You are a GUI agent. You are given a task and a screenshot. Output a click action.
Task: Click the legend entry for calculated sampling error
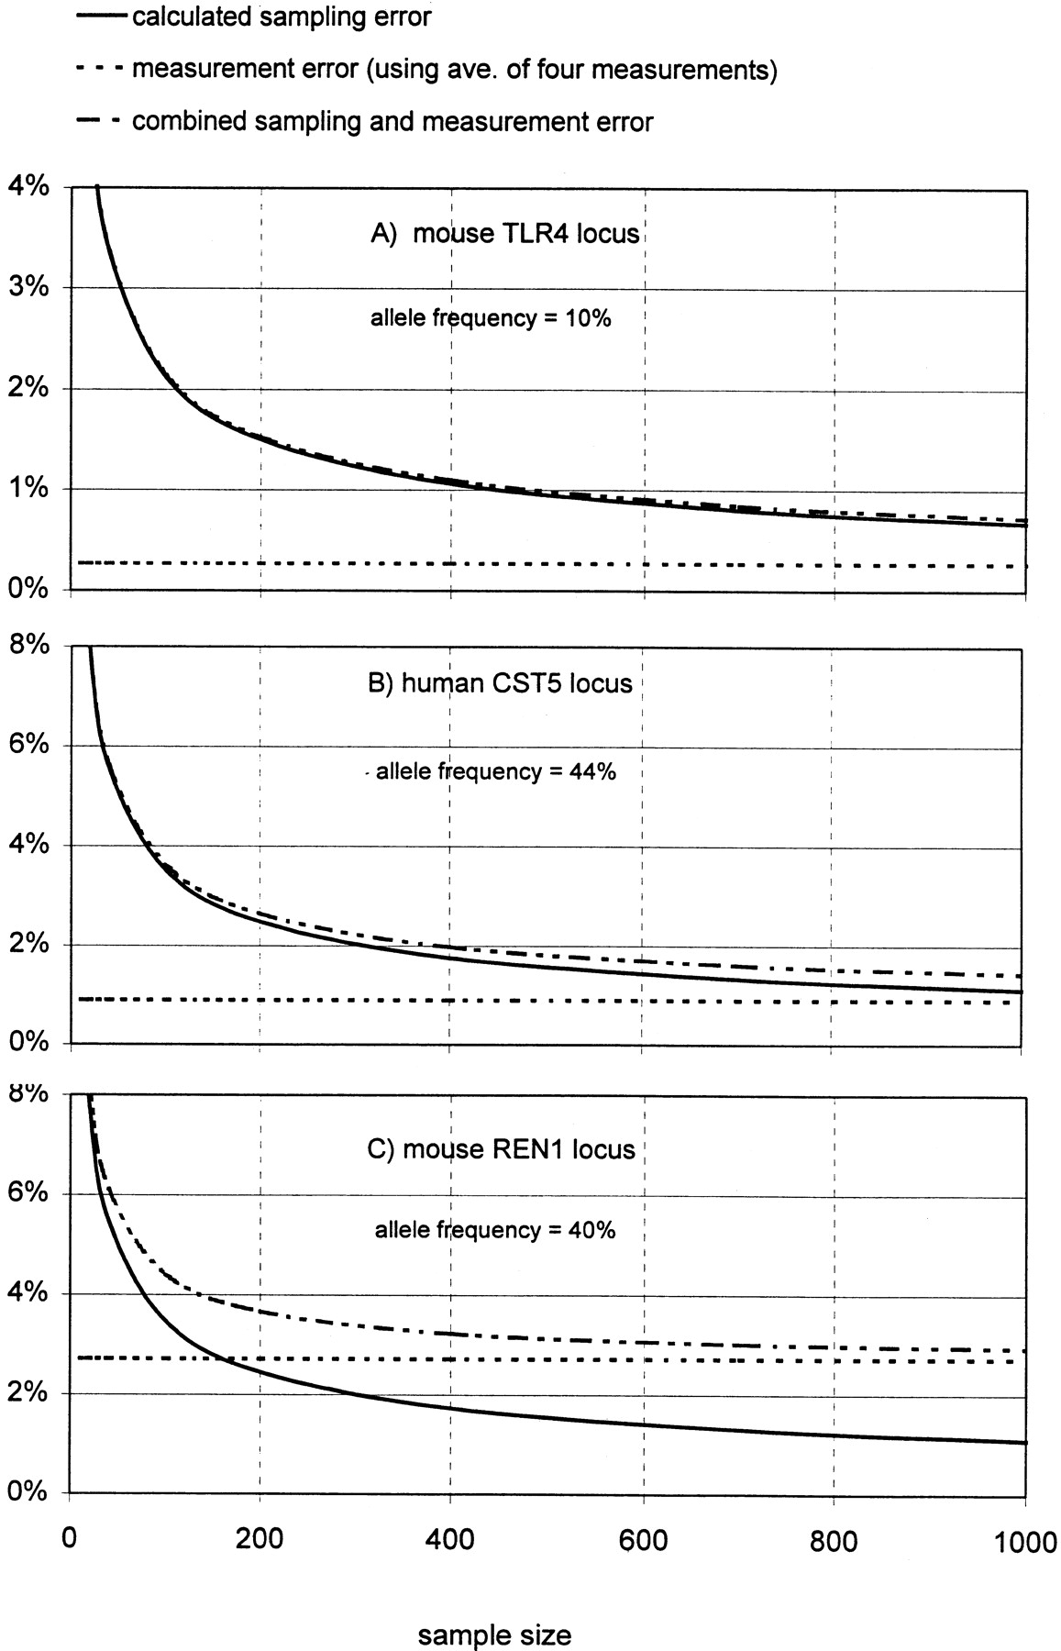coord(282,17)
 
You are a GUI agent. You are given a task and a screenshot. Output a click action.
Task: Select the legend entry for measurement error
coord(454,70)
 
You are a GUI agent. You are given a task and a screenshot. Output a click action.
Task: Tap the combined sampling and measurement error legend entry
coord(392,122)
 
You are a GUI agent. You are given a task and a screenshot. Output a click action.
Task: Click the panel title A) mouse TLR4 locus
coord(504,233)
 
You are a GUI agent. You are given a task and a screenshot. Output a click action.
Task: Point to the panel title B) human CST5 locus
coord(500,683)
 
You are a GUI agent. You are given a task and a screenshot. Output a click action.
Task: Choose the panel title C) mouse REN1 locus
coord(501,1149)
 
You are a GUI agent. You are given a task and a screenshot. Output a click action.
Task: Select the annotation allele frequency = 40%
coord(495,1230)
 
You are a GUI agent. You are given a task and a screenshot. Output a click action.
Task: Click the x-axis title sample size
coord(495,1609)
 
